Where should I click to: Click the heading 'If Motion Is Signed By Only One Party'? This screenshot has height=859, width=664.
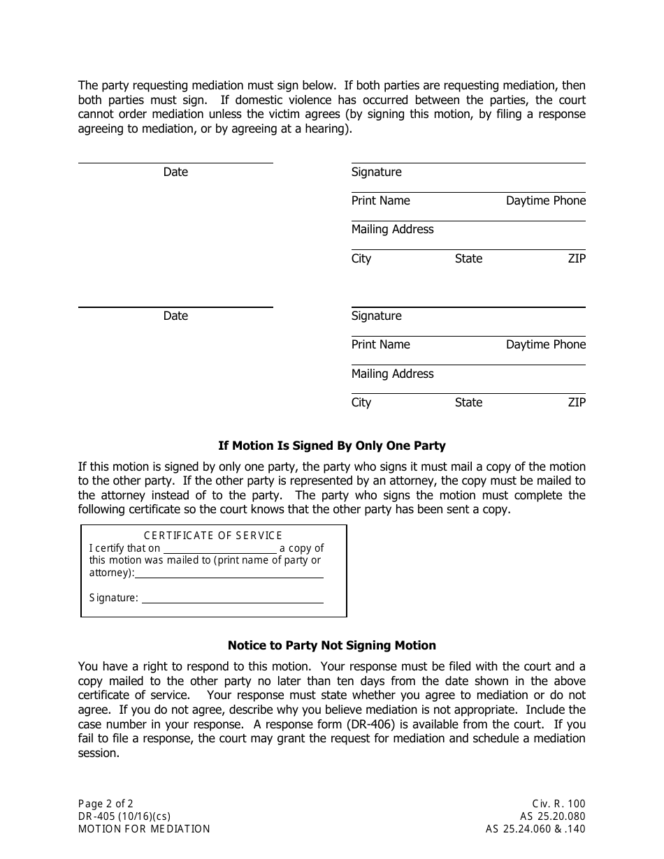(x=331, y=446)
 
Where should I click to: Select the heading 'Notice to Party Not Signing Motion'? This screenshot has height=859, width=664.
(x=331, y=645)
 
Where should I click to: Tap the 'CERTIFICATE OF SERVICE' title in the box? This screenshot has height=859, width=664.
(x=213, y=536)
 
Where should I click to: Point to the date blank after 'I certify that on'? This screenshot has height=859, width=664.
(x=219, y=549)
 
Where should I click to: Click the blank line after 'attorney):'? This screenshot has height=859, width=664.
(x=229, y=574)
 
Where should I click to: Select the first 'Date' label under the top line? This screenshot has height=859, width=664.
(x=175, y=172)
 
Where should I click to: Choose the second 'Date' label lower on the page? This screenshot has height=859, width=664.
(x=175, y=316)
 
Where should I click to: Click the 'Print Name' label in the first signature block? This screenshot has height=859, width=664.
(x=380, y=201)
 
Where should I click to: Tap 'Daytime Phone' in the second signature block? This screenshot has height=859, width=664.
(x=545, y=345)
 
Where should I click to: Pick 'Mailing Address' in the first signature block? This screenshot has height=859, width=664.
(x=392, y=230)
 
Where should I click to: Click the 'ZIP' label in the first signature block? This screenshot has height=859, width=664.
(x=577, y=259)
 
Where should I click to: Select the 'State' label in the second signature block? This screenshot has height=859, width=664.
(x=468, y=403)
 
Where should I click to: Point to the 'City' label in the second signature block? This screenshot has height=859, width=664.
(x=361, y=403)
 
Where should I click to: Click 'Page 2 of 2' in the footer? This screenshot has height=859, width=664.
(x=106, y=804)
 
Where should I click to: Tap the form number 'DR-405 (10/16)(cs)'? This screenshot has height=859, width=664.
(x=124, y=816)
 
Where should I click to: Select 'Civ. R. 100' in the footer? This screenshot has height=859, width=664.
(x=558, y=804)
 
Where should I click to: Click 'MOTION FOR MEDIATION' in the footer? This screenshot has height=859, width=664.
(x=144, y=829)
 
